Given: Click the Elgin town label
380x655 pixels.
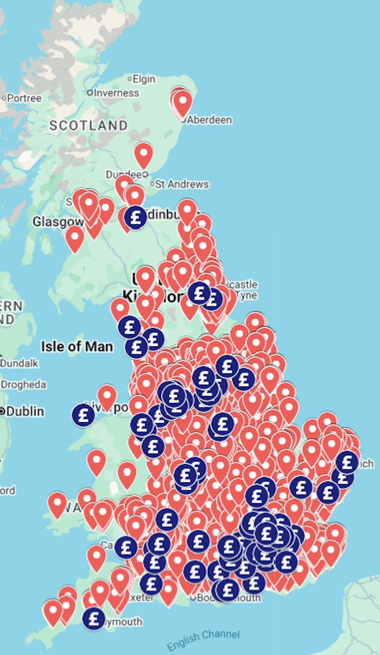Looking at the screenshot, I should click(x=144, y=79).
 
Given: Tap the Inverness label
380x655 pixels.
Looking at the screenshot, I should click(x=116, y=93).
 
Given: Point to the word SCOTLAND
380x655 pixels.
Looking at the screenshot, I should click(x=88, y=125).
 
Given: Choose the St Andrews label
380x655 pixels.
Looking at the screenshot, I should click(x=182, y=184).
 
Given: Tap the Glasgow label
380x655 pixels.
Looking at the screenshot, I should click(x=58, y=222).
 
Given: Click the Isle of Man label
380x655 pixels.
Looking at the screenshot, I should click(x=77, y=346).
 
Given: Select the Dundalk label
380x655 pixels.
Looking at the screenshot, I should click(x=20, y=363).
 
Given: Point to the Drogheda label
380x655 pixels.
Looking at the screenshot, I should click(x=23, y=385).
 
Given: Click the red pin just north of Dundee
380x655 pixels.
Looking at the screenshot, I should click(x=143, y=154).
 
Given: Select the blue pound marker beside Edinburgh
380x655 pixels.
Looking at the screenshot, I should click(x=135, y=217).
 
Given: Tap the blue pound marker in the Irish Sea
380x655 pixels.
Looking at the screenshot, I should click(x=83, y=415).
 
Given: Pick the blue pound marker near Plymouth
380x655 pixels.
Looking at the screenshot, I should click(x=94, y=618).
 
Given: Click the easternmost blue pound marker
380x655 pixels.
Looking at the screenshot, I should click(x=347, y=462).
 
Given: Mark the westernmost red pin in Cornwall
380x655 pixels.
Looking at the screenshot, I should click(x=53, y=611).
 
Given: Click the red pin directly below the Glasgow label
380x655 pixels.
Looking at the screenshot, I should click(x=75, y=237).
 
